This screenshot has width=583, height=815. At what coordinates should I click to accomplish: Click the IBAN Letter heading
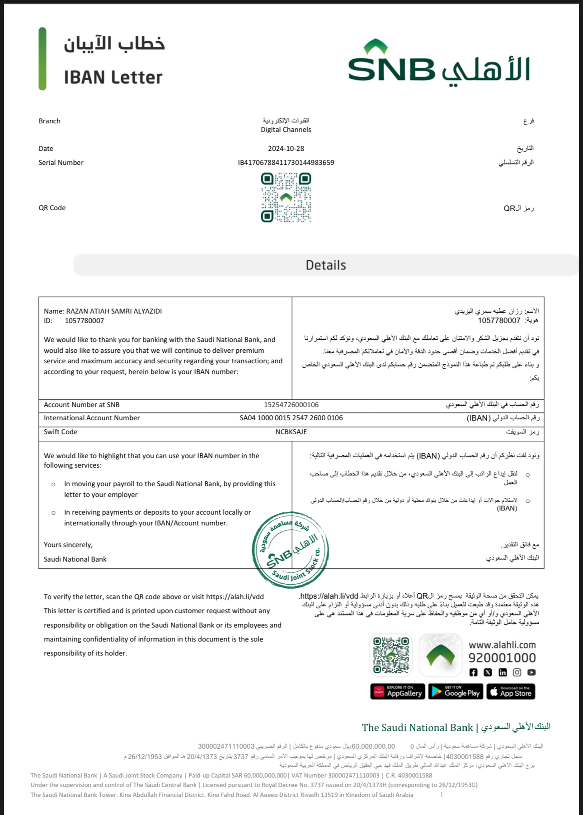pos(113,77)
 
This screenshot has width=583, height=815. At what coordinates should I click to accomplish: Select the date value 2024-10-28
pos(286,149)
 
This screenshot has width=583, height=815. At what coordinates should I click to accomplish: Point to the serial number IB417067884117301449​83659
pos(286,163)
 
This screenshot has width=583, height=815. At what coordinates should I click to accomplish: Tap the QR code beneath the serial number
pos(286,198)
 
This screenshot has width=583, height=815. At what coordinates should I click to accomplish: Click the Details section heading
pos(326,265)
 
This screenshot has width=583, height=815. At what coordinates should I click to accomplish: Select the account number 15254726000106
pos(291,405)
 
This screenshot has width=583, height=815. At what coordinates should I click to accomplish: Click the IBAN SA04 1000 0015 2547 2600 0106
pos(291,418)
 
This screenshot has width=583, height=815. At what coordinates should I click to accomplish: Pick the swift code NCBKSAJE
pos(291,432)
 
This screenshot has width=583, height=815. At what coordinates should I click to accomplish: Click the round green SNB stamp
pos(290,550)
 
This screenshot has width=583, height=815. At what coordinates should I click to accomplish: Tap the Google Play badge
pos(456,692)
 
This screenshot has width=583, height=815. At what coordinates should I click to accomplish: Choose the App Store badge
pos(511,692)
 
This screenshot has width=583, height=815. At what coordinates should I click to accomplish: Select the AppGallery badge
pos(398,692)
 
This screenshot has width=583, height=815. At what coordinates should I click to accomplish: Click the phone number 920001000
pos(502,658)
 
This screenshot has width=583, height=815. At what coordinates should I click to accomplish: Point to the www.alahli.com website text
pos(502,645)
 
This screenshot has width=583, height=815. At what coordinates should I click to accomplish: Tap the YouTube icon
pos(531,672)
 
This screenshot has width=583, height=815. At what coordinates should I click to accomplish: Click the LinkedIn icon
pos(503,672)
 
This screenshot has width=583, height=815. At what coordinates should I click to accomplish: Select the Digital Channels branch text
pos(286,130)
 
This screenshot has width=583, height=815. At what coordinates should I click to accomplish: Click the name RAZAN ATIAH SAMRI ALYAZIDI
pos(114,311)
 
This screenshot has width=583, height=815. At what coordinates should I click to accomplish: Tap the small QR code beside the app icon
pos(391,655)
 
